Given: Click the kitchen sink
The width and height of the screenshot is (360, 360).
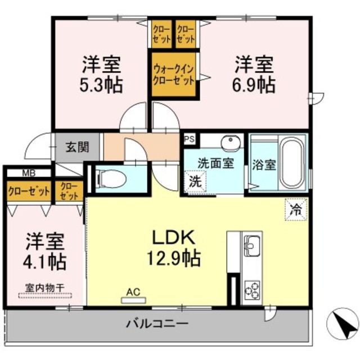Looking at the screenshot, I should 251,245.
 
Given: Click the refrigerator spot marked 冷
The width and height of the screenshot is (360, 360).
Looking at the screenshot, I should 295,210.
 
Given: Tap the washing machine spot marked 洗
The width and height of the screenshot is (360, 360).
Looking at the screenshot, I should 194,182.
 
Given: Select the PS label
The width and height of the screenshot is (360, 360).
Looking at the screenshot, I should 188,137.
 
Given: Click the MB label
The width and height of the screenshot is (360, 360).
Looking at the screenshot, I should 28,173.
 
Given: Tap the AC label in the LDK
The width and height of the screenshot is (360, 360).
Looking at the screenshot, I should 132,292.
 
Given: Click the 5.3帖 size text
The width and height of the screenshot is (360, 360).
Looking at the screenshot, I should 101,85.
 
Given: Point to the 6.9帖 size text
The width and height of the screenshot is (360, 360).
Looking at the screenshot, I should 254,85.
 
